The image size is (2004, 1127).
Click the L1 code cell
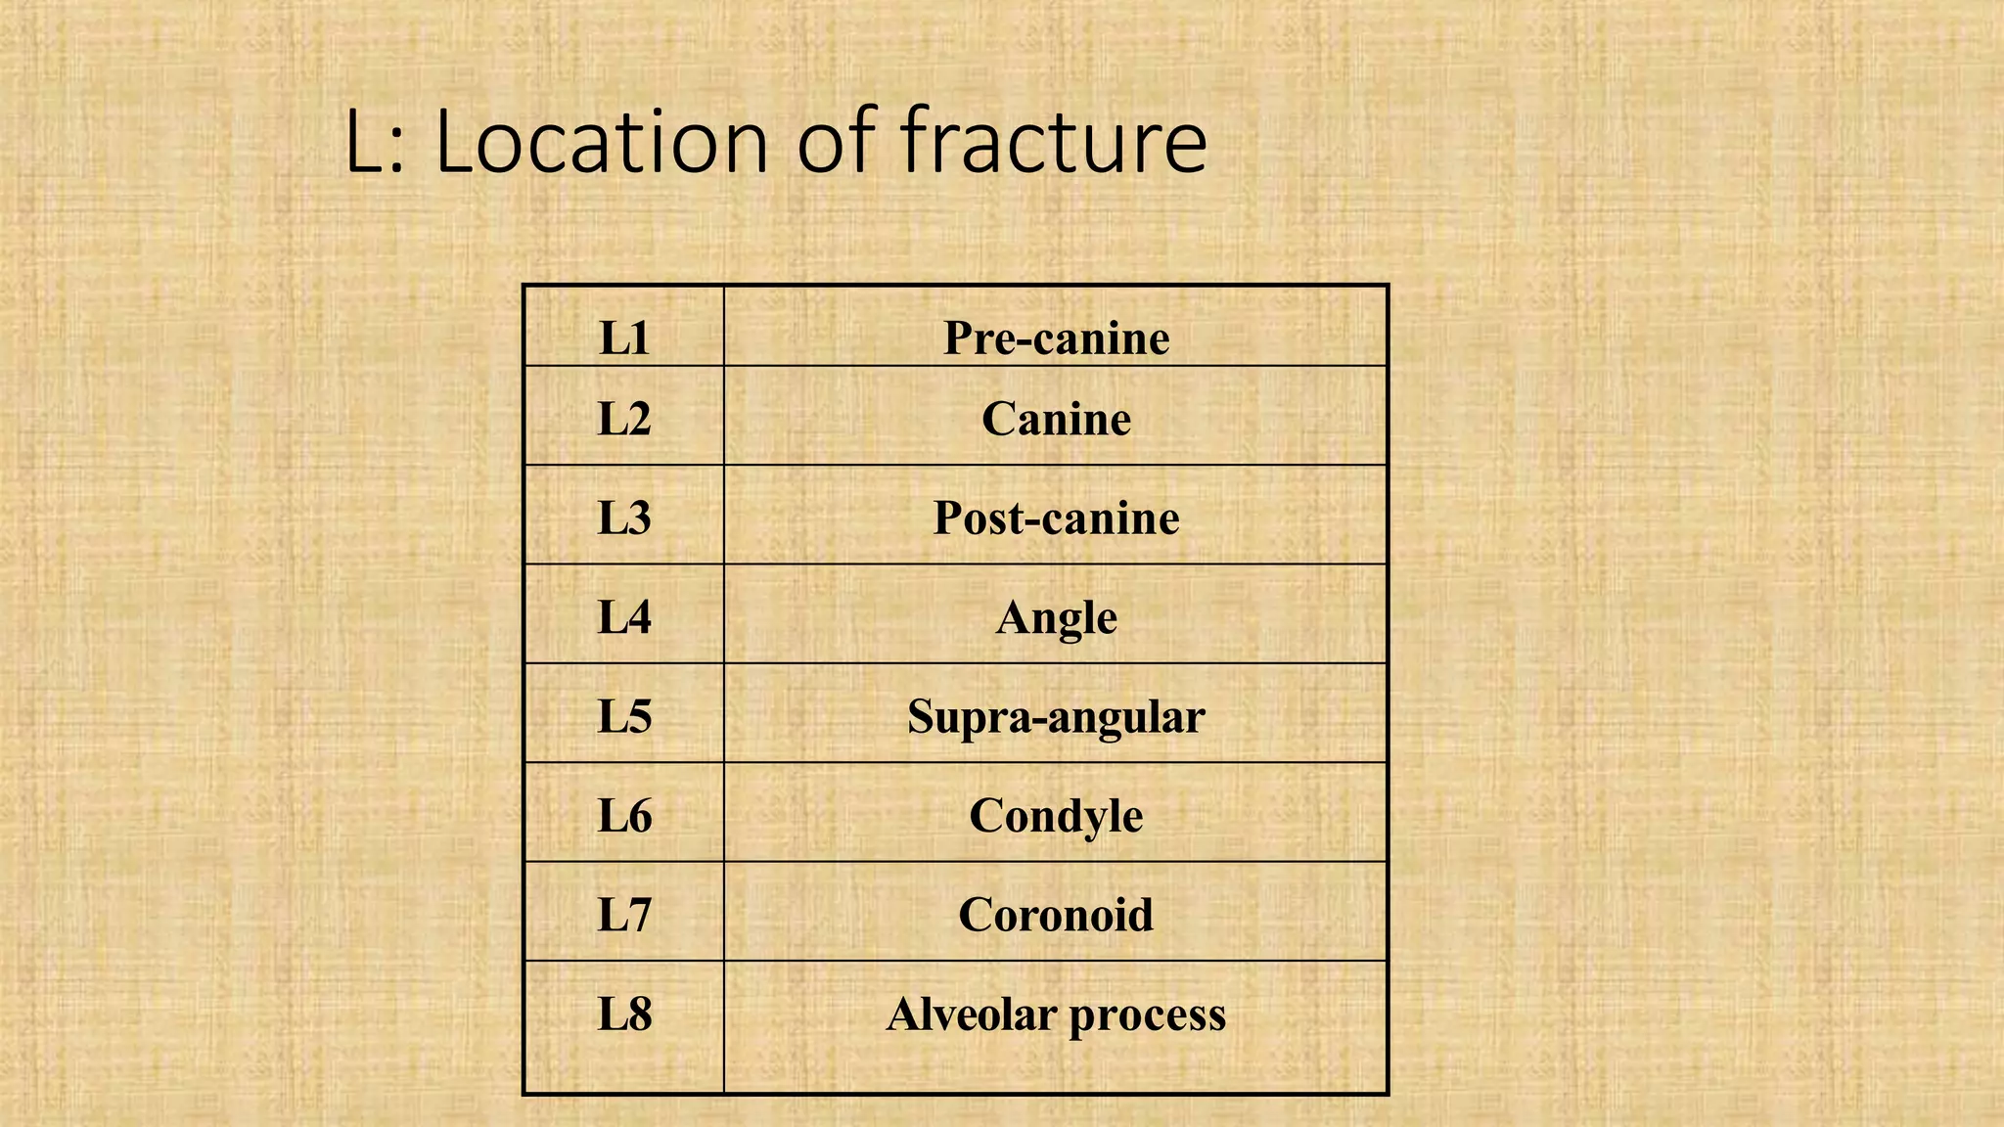pyautogui.click(x=624, y=338)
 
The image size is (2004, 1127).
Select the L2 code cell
pyautogui.click(x=624, y=419)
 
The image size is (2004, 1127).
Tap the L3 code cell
pyautogui.click(x=624, y=518)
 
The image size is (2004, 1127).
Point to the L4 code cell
pyautogui.click(x=624, y=617)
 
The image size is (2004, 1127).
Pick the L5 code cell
pyautogui.click(x=624, y=716)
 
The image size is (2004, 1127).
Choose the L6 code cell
pyautogui.click(x=624, y=815)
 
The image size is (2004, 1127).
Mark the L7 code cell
pyautogui.click(x=624, y=915)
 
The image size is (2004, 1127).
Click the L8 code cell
pyautogui.click(x=624, y=1014)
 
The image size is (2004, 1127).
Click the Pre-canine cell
pyautogui.click(x=1056, y=338)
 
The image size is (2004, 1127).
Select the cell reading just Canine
pyautogui.click(x=1056, y=419)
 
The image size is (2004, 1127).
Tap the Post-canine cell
pyautogui.click(x=1056, y=518)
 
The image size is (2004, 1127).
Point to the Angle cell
pyautogui.click(x=1056, y=617)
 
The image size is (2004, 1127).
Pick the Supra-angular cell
pyautogui.click(x=1056, y=716)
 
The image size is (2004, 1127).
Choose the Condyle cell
pyautogui.click(x=1056, y=815)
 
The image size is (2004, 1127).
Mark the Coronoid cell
pyautogui.click(x=1056, y=915)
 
